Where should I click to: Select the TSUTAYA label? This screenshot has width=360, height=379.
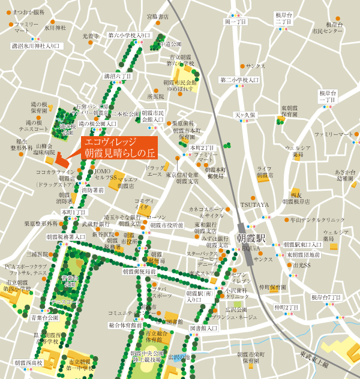coord(255,204)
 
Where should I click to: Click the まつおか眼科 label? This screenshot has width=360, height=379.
coord(28,12)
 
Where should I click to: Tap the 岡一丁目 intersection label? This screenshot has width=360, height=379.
coord(236,22)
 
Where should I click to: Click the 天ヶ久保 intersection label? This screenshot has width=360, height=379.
coord(244,115)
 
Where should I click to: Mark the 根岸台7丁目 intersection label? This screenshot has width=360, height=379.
coord(326,297)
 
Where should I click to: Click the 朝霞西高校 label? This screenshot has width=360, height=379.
coord(29,363)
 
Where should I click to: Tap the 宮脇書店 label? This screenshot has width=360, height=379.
coord(157,17)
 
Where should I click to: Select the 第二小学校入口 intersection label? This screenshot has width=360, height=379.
coord(239,79)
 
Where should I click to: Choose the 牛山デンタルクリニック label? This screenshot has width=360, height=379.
coord(317,220)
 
